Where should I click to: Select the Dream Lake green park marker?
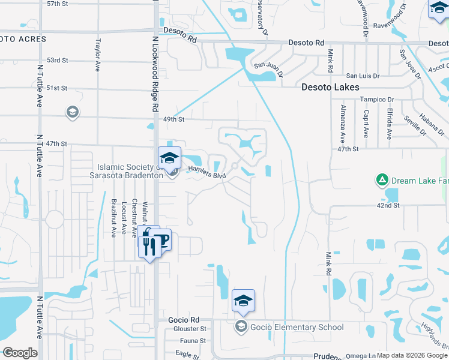(x=381, y=179)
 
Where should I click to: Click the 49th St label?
(x=173, y=119)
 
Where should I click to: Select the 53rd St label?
(x=58, y=61)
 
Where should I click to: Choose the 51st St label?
(x=58, y=88)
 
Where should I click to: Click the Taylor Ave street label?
(x=98, y=56)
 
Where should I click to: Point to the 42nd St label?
(x=388, y=205)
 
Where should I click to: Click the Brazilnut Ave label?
(x=113, y=218)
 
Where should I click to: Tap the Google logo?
(x=20, y=353)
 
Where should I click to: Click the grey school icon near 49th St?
(x=73, y=112)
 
